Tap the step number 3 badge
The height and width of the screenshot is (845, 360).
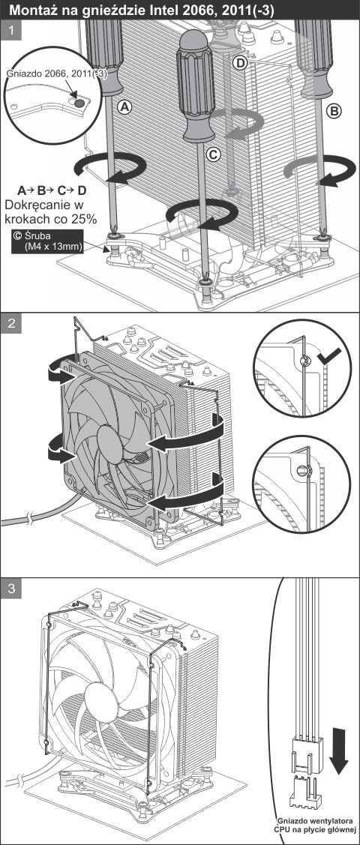point(11,589)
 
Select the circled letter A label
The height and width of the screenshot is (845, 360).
point(125,108)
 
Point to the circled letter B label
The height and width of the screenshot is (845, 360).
point(334,111)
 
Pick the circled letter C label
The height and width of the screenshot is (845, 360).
point(214,154)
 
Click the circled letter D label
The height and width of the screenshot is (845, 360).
point(240,64)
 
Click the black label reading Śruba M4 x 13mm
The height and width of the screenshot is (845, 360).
point(47,241)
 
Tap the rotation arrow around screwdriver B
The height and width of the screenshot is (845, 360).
point(318,170)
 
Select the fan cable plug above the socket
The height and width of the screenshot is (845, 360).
point(304,754)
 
